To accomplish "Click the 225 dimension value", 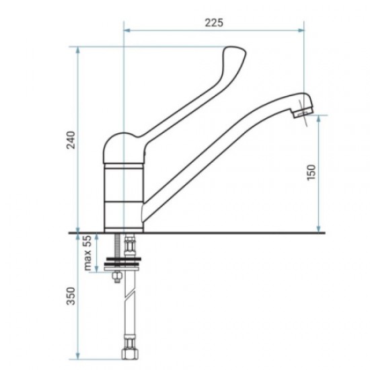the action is pyautogui.click(x=214, y=23).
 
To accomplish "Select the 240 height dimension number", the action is pyautogui.click(x=71, y=140).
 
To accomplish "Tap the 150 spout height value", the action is pyautogui.click(x=311, y=172).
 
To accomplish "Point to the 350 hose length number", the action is pyautogui.click(x=71, y=296).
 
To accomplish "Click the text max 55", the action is pyautogui.click(x=87, y=253).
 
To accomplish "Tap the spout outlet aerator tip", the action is pyautogui.click(x=303, y=112).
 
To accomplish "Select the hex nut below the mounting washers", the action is pyautogui.click(x=117, y=276).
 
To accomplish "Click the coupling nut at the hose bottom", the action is pyautogui.click(x=130, y=354).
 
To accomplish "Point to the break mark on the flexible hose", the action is pyautogui.click(x=130, y=297).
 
